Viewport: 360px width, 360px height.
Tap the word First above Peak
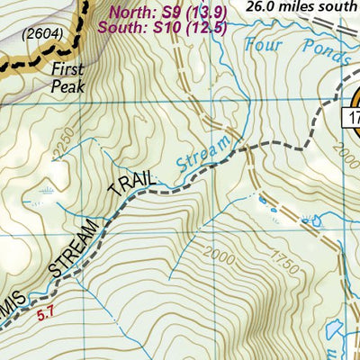(67, 69)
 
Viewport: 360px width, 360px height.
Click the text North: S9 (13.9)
(166, 13)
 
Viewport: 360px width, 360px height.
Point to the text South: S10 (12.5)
(166, 28)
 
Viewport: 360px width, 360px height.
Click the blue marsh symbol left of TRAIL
(45, 191)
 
